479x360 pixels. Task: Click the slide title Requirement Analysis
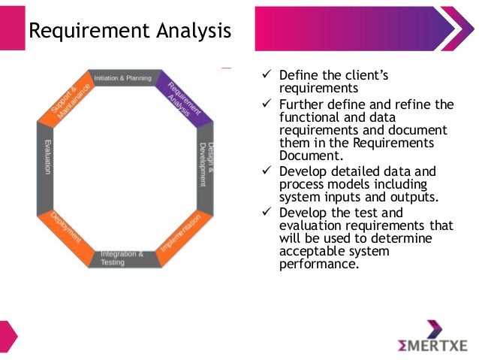point(129,32)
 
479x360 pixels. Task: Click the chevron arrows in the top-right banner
point(450,30)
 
